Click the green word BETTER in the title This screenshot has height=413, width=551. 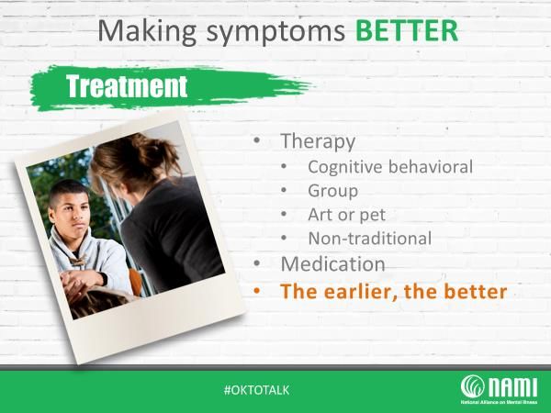[407, 31]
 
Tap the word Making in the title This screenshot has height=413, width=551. [147, 31]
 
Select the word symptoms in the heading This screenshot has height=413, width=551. [275, 33]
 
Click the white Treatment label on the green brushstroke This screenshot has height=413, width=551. [127, 86]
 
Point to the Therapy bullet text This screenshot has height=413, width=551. [318, 142]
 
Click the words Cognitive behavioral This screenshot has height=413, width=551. [390, 167]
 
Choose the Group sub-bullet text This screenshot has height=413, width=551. [333, 192]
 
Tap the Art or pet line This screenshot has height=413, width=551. [347, 215]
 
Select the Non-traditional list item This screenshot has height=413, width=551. [370, 239]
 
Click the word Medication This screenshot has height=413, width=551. [333, 264]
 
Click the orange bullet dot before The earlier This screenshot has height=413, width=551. [257, 291]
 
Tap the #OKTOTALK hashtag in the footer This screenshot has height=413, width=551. [256, 390]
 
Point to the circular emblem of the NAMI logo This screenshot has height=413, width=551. [473, 386]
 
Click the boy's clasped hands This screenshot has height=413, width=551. [80, 280]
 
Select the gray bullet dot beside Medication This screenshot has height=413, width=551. [257, 263]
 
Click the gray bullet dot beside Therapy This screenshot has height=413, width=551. [257, 140]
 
